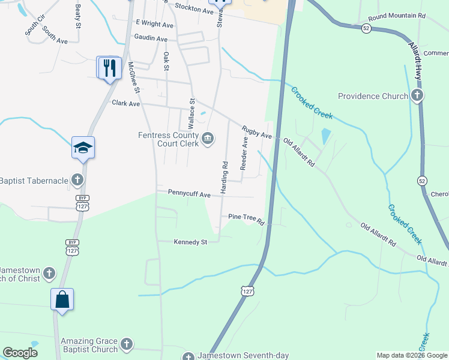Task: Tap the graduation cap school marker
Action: coord(83,148)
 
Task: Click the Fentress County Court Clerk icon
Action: coord(208,139)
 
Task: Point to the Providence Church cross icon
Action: coord(417,95)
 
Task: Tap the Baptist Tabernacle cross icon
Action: coord(77,179)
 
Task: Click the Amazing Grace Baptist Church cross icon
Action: coord(126,344)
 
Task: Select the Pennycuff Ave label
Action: coord(189,194)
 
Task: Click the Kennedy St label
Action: coord(190,242)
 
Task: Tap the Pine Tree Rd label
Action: coord(246,219)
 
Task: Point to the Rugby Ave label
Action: coord(257,132)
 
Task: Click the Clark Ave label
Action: coord(126,103)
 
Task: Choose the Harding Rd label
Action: coord(224,177)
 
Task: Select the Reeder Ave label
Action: coord(244,153)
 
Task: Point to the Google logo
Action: coord(20,352)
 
